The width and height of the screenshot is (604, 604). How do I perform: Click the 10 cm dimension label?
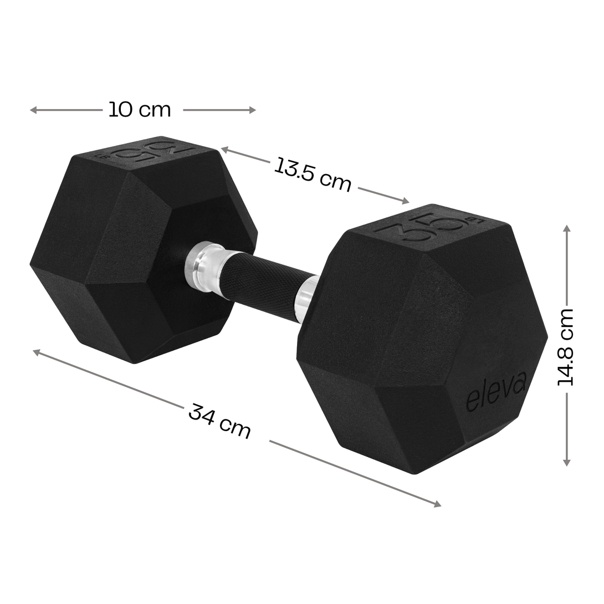(x=140, y=110)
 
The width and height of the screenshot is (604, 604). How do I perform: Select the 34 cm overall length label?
(x=219, y=421)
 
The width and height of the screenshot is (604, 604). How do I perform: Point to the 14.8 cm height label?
(x=565, y=347)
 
